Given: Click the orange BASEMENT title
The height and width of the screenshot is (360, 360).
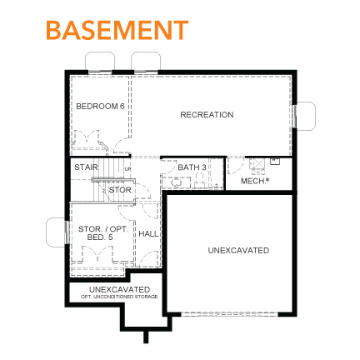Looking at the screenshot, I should pos(117,30).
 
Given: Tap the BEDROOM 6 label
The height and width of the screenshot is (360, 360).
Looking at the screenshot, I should pos(100,106).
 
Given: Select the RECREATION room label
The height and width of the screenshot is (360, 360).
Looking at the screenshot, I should pos(207,114).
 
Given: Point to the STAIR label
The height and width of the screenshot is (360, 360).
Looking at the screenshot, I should pos(85,167).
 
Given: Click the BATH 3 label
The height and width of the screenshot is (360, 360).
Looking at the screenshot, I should pos(192,167).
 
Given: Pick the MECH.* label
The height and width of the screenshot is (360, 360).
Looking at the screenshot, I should pos(255,180).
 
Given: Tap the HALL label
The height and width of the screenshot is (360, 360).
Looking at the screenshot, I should pos(147,233).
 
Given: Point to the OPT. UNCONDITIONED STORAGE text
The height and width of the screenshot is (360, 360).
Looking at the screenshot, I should pos(119,297).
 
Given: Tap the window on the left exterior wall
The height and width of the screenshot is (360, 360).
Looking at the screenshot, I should pos(58,232).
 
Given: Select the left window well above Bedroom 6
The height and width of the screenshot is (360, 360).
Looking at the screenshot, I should pos(104,62).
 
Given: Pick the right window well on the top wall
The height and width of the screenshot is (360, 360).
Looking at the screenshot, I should pos(150,62).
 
